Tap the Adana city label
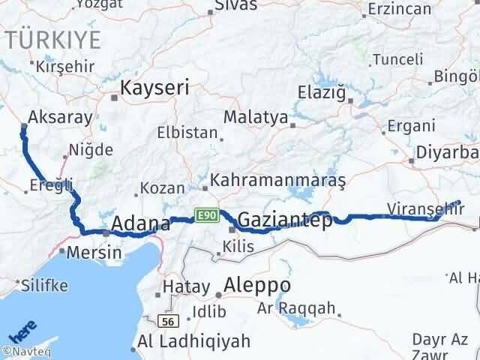(x=140, y=223)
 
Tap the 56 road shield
(x=169, y=320)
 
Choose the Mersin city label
(x=94, y=252)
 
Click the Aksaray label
(x=59, y=117)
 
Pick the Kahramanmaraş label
(x=277, y=181)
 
